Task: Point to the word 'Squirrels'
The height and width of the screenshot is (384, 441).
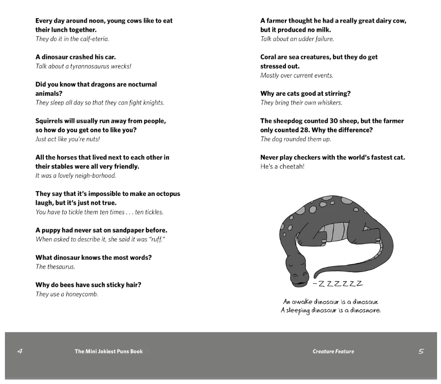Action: pos(52,121)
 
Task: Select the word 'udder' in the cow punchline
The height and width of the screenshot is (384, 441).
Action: pos(302,39)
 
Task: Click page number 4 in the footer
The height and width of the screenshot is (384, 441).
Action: pos(20,351)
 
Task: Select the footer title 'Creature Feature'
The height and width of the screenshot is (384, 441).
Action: pos(333,352)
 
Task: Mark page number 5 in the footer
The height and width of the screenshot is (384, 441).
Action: pos(421,351)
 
